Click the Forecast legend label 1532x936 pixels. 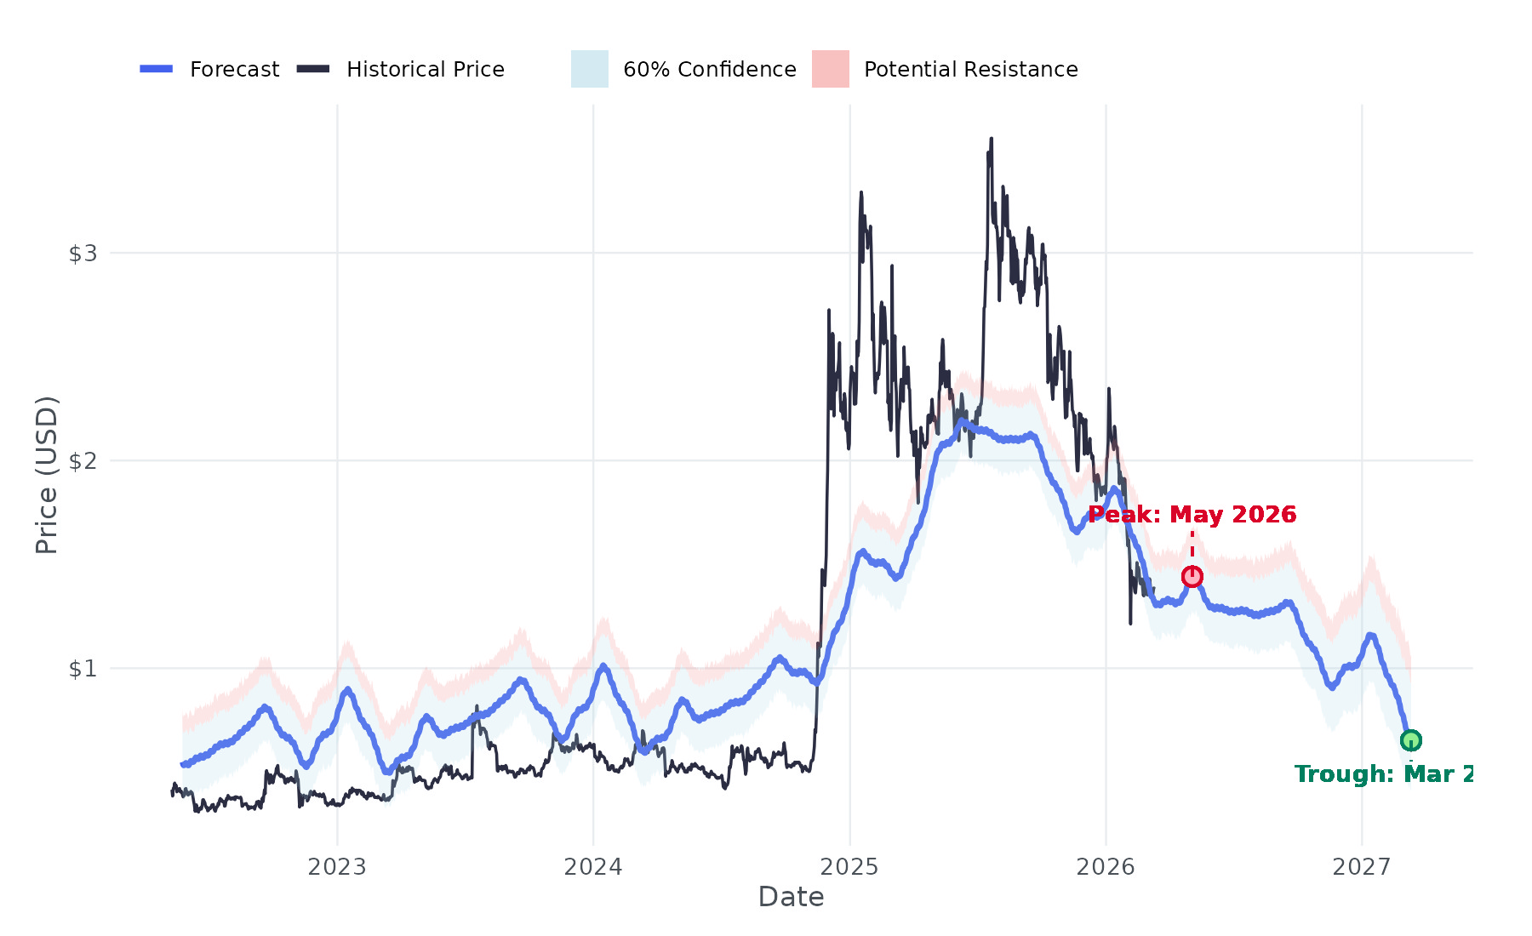234,69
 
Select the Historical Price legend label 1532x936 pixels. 425,69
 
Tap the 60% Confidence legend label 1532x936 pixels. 709,69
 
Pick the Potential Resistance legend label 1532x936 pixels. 970,69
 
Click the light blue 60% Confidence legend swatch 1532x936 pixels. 589,69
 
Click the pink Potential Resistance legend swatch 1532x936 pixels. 830,69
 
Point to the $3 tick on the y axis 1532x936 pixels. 83,254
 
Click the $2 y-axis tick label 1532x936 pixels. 83,461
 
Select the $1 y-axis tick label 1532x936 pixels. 83,669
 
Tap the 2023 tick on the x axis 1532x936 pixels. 337,867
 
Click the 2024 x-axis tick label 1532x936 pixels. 593,867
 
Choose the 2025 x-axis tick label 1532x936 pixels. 849,867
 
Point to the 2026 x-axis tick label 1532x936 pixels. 1106,867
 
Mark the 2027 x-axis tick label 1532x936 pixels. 1362,867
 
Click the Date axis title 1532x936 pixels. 791,897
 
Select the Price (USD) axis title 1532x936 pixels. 47,475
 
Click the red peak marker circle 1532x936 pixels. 1192,577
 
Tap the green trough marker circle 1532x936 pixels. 1410,740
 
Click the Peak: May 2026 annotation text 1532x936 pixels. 1192,515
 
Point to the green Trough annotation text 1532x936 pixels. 1383,774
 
